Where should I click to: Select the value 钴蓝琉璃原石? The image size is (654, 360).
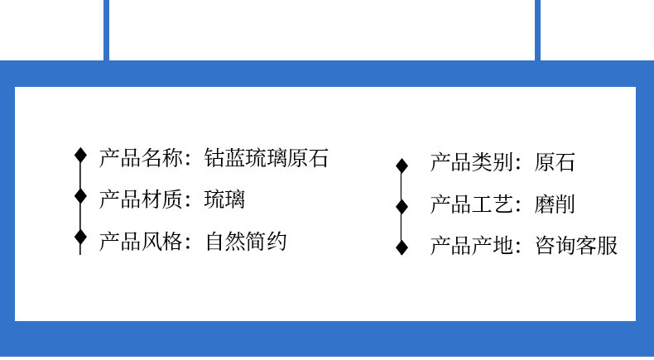point(267,157)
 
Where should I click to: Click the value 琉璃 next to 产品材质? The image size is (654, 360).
point(225,199)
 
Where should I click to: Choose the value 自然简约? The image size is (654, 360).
point(246,242)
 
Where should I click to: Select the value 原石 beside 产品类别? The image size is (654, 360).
point(555,162)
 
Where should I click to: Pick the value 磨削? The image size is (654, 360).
point(555,204)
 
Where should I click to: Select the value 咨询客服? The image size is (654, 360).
point(576,246)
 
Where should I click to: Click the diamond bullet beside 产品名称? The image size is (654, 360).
point(80,155)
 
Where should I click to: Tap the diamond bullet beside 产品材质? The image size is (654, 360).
point(80,196)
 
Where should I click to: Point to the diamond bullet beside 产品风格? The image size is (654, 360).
point(80,238)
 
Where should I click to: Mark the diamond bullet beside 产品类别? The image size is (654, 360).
point(402,166)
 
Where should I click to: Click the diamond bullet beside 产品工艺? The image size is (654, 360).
point(402,206)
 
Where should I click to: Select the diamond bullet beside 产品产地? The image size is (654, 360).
point(402,247)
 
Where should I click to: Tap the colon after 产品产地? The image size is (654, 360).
point(519,247)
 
